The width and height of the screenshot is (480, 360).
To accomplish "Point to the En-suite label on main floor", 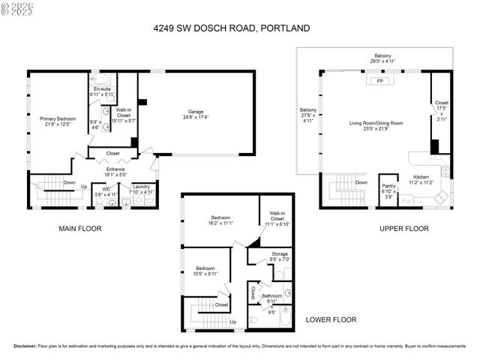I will pos(101,91).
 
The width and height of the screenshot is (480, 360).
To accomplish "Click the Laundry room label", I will pos(142,187).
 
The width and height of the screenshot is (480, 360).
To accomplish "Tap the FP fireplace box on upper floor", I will pos(380,80).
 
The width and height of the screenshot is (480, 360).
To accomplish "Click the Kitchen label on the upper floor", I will pos(422,177).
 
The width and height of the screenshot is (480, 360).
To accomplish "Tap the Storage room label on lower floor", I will pos(280,254).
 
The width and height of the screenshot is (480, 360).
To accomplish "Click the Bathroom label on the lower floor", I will pos(272,296).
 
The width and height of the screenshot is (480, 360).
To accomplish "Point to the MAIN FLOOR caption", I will pos(79,228).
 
